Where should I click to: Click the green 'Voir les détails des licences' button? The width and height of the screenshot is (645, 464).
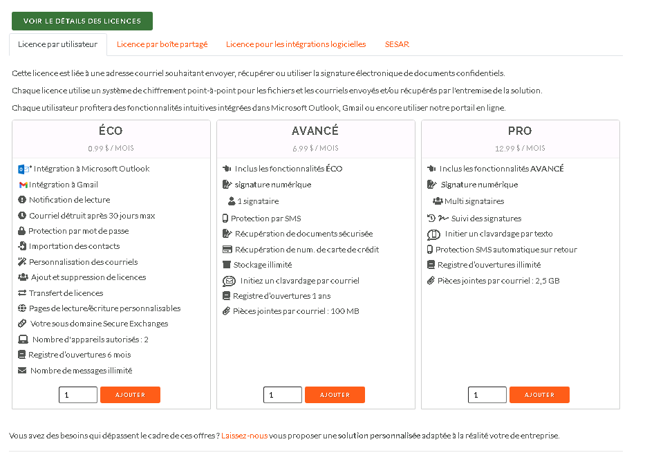82,21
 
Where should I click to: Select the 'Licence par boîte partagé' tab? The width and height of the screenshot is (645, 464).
162,44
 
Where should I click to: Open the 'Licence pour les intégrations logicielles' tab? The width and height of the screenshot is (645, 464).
296,44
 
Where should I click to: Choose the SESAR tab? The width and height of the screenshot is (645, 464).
397,44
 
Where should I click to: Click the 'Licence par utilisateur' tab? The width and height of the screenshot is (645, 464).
58,44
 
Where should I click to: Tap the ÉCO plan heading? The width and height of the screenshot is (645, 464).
111,131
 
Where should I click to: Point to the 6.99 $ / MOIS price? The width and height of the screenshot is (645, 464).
315,148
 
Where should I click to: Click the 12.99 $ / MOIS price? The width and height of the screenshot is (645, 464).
520,148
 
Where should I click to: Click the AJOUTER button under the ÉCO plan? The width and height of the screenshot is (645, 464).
130,395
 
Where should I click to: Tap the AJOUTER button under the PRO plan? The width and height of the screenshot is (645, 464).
539,395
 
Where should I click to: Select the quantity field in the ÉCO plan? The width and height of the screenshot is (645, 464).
78,395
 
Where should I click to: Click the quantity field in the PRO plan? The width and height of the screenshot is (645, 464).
487,395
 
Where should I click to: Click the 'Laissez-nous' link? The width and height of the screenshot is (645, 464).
244,436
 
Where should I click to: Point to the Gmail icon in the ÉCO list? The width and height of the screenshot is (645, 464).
23,185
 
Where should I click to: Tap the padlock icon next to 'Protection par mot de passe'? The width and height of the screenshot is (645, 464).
22,231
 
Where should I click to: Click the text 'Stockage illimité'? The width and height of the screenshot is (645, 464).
263,265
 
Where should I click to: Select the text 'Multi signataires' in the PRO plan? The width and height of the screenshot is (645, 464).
474,201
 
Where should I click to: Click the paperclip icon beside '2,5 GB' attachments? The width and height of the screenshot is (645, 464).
431,281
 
